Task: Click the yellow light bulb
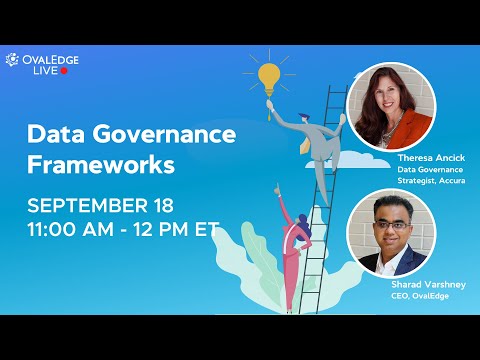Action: click(267, 76)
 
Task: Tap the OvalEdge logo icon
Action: click(12, 60)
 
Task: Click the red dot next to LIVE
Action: click(64, 71)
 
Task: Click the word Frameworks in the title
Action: click(100, 162)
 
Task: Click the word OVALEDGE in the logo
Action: click(47, 59)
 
